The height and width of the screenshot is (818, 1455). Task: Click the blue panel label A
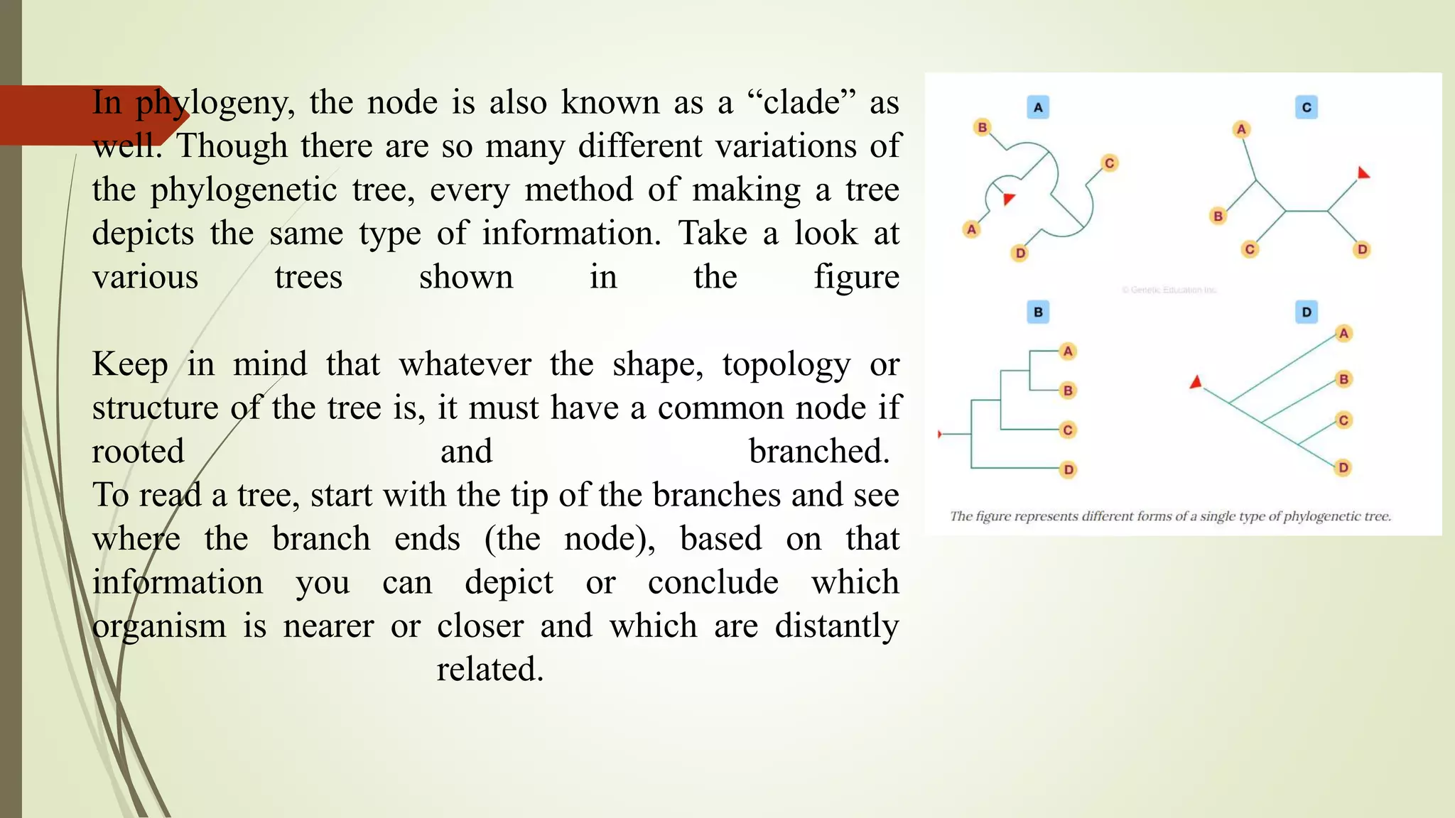coord(1038,107)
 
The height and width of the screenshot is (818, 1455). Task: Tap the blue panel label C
coord(1306,107)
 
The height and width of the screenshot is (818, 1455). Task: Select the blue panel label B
coord(1038,312)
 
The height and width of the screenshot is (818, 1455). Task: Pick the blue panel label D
coord(1306,312)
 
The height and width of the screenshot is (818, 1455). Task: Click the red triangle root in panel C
coord(1363,173)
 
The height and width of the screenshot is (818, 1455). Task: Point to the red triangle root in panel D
coord(1196,383)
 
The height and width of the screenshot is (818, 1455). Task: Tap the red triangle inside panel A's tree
coord(1008,199)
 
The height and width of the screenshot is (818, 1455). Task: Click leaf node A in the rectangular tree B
coord(1067,351)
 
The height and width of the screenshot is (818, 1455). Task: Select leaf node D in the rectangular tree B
coord(1068,469)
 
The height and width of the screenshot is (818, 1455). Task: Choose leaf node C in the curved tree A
coord(1109,163)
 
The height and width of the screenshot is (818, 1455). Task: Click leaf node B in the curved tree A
coord(982,127)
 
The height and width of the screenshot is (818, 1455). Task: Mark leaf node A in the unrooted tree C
coord(1241,129)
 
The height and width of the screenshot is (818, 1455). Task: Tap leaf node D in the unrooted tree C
coord(1361,249)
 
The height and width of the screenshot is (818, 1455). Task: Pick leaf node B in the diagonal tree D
coord(1343,379)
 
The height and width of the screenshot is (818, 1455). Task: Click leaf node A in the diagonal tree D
coord(1343,334)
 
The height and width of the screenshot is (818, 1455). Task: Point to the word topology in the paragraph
coord(786,365)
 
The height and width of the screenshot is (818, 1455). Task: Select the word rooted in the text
coord(138,452)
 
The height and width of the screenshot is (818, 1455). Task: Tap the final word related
coord(489,670)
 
